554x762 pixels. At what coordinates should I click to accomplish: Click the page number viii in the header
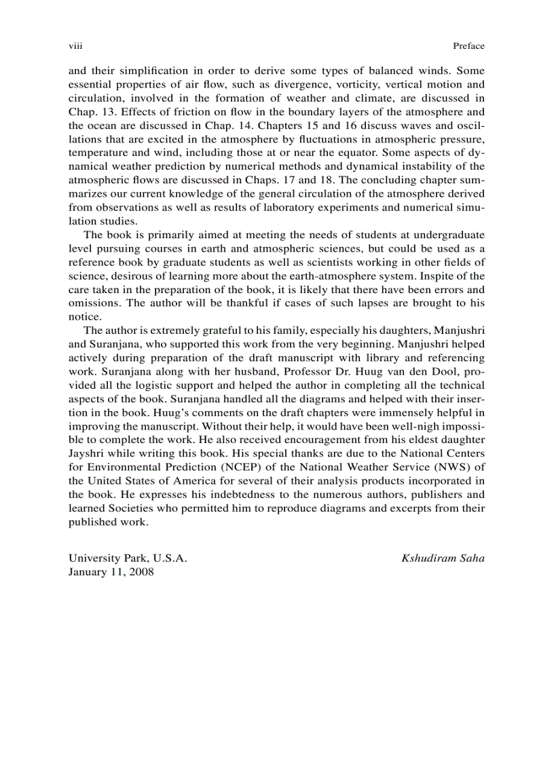point(75,46)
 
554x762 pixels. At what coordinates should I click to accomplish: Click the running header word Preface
point(468,46)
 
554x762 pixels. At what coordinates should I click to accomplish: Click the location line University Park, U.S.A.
point(127,558)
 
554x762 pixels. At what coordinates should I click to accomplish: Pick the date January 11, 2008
point(111,572)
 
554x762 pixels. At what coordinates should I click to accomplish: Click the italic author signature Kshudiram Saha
point(443,558)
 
